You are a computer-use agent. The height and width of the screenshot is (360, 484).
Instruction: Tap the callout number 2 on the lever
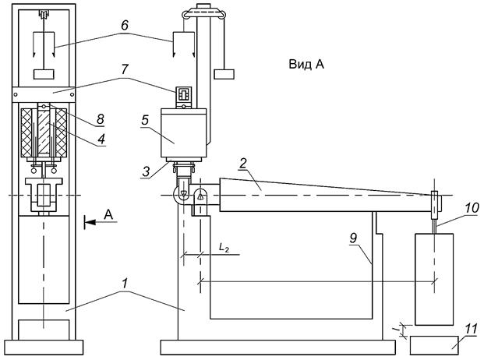point(242,164)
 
